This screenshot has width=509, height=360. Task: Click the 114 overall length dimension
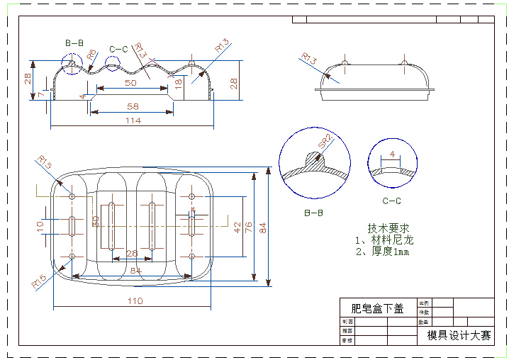tap(132, 120)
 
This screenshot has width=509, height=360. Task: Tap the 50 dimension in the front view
tap(130, 83)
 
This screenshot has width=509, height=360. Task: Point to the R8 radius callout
tap(91, 55)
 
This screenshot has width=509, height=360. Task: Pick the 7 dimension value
tap(40, 94)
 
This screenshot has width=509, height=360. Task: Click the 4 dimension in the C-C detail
tap(392, 154)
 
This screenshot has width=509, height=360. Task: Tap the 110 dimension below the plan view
tap(134, 301)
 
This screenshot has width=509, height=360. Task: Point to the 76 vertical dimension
tap(249, 227)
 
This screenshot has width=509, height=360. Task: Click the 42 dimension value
tap(237, 227)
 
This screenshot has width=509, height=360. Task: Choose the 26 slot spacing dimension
tap(132, 253)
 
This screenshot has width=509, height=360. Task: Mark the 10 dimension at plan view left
tap(40, 225)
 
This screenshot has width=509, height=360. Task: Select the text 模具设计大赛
tap(459, 335)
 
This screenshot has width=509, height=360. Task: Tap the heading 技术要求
tap(388, 228)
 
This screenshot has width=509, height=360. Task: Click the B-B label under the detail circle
tap(313, 212)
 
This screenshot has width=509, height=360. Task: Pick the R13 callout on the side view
tap(309, 57)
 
